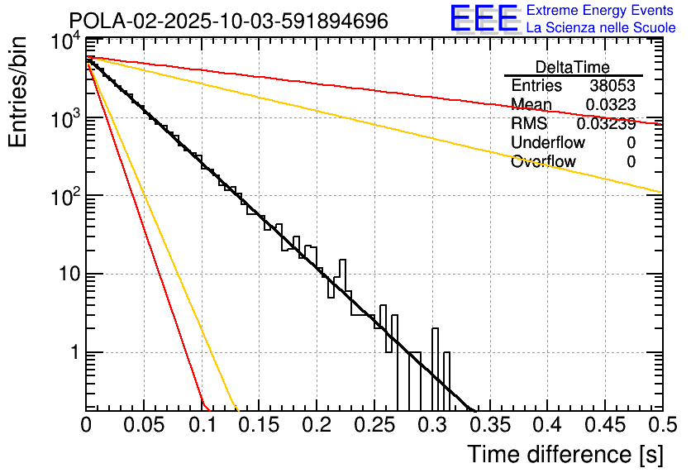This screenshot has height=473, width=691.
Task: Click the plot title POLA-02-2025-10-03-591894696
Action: pos(228,21)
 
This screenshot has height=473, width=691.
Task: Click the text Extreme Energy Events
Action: pos(601,11)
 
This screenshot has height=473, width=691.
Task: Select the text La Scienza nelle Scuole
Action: pos(601,28)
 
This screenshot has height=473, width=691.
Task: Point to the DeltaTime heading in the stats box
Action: pos(573,67)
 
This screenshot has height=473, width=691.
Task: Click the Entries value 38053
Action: pos(612,86)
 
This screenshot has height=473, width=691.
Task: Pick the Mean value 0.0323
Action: pos(610,105)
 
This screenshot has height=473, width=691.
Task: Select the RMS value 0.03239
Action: pos(606,124)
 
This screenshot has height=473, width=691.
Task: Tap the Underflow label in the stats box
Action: pos(548,143)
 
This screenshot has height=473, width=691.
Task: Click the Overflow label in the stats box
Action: pos(543,162)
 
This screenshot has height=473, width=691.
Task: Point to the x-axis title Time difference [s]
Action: pos(565,454)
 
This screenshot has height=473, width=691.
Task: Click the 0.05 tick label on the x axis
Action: pos(144,425)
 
